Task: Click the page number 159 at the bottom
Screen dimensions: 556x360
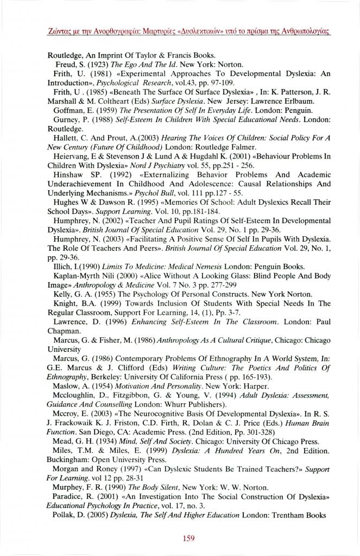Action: click(x=188, y=523)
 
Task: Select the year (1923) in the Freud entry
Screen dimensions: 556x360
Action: click(x=96, y=64)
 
